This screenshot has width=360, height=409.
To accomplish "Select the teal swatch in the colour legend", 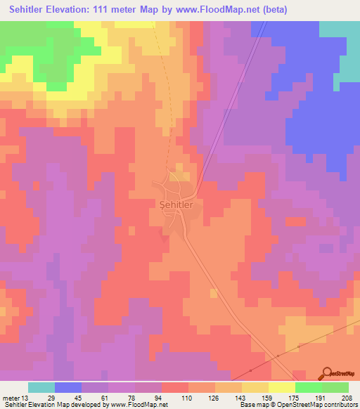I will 41,387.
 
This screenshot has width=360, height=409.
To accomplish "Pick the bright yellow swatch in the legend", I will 281,387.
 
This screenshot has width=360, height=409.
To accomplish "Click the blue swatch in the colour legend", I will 68,387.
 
